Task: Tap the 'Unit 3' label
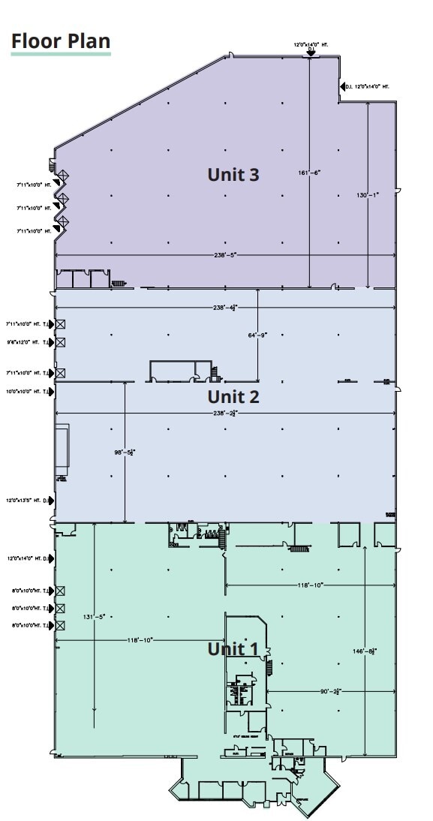[233, 175]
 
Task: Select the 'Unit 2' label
[233, 396]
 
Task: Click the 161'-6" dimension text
[309, 173]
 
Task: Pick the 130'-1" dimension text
[368, 195]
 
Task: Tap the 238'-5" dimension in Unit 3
[225, 255]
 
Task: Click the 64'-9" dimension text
[257, 335]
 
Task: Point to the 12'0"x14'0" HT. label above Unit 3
[311, 45]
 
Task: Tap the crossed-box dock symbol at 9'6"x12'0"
[60, 342]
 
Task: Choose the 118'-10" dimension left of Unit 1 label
[140, 640]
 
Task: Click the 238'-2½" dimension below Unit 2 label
[225, 413]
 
